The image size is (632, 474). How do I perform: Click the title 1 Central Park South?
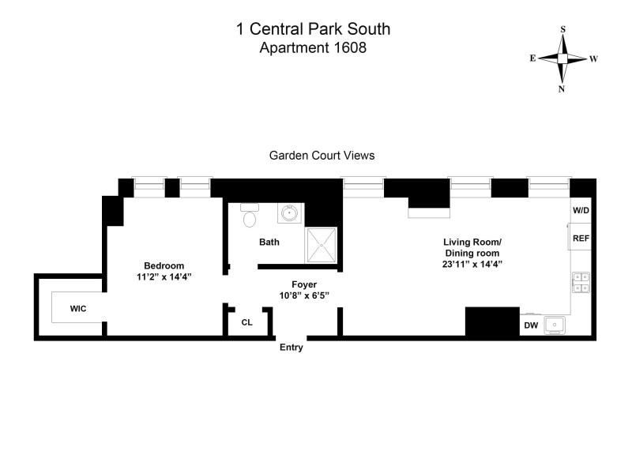pyautogui.click(x=314, y=31)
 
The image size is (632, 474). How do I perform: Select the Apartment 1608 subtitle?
pyautogui.click(x=314, y=48)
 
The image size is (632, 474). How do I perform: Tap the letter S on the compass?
pyautogui.click(x=562, y=29)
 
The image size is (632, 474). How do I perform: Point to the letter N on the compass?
pyautogui.click(x=562, y=88)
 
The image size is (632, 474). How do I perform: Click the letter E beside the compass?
pyautogui.click(x=533, y=58)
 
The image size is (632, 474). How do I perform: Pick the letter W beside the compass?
pyautogui.click(x=593, y=58)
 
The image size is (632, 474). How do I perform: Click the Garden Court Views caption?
pyautogui.click(x=322, y=156)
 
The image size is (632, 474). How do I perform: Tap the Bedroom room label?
pyautogui.click(x=164, y=265)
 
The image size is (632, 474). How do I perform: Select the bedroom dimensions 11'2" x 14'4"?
pyautogui.click(x=164, y=277)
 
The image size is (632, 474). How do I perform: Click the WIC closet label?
pyautogui.click(x=77, y=307)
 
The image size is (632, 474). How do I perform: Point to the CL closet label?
pyautogui.click(x=246, y=322)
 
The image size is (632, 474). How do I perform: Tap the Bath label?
pyautogui.click(x=269, y=242)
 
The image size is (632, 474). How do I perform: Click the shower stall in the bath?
pyautogui.click(x=322, y=245)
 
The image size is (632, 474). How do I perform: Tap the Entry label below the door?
pyautogui.click(x=291, y=347)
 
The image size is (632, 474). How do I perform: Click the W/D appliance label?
pyautogui.click(x=581, y=211)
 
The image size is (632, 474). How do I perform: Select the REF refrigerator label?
pyautogui.click(x=581, y=238)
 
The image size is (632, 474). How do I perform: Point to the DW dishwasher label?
pyautogui.click(x=531, y=325)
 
